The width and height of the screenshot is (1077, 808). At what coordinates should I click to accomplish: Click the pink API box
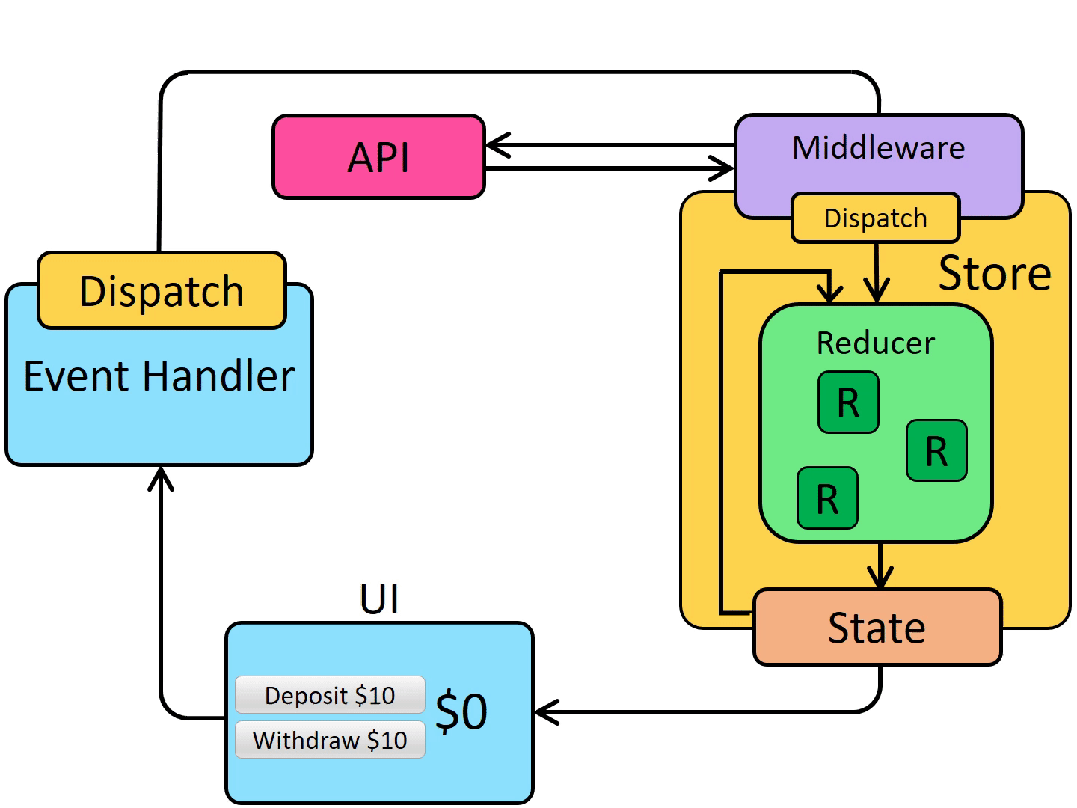(378, 157)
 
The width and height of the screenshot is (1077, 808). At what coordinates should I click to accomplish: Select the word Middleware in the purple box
(878, 148)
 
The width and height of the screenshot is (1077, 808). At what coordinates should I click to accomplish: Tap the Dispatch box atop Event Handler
(162, 290)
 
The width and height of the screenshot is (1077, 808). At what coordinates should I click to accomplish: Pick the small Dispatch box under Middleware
(875, 218)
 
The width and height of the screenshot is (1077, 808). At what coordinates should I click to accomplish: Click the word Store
(994, 273)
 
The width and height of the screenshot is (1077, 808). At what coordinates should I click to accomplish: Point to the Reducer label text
(875, 343)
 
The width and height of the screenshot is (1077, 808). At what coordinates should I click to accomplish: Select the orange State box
(877, 627)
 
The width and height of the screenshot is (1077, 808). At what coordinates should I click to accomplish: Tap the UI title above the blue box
(379, 599)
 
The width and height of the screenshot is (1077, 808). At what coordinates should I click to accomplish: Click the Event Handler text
(159, 376)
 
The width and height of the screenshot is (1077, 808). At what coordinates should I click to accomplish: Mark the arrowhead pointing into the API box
(496, 145)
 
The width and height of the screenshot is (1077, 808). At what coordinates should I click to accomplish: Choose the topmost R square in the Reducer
(848, 403)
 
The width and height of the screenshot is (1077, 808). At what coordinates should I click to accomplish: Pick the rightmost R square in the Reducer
(936, 450)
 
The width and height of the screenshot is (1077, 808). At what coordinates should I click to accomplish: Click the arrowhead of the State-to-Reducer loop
(829, 293)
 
